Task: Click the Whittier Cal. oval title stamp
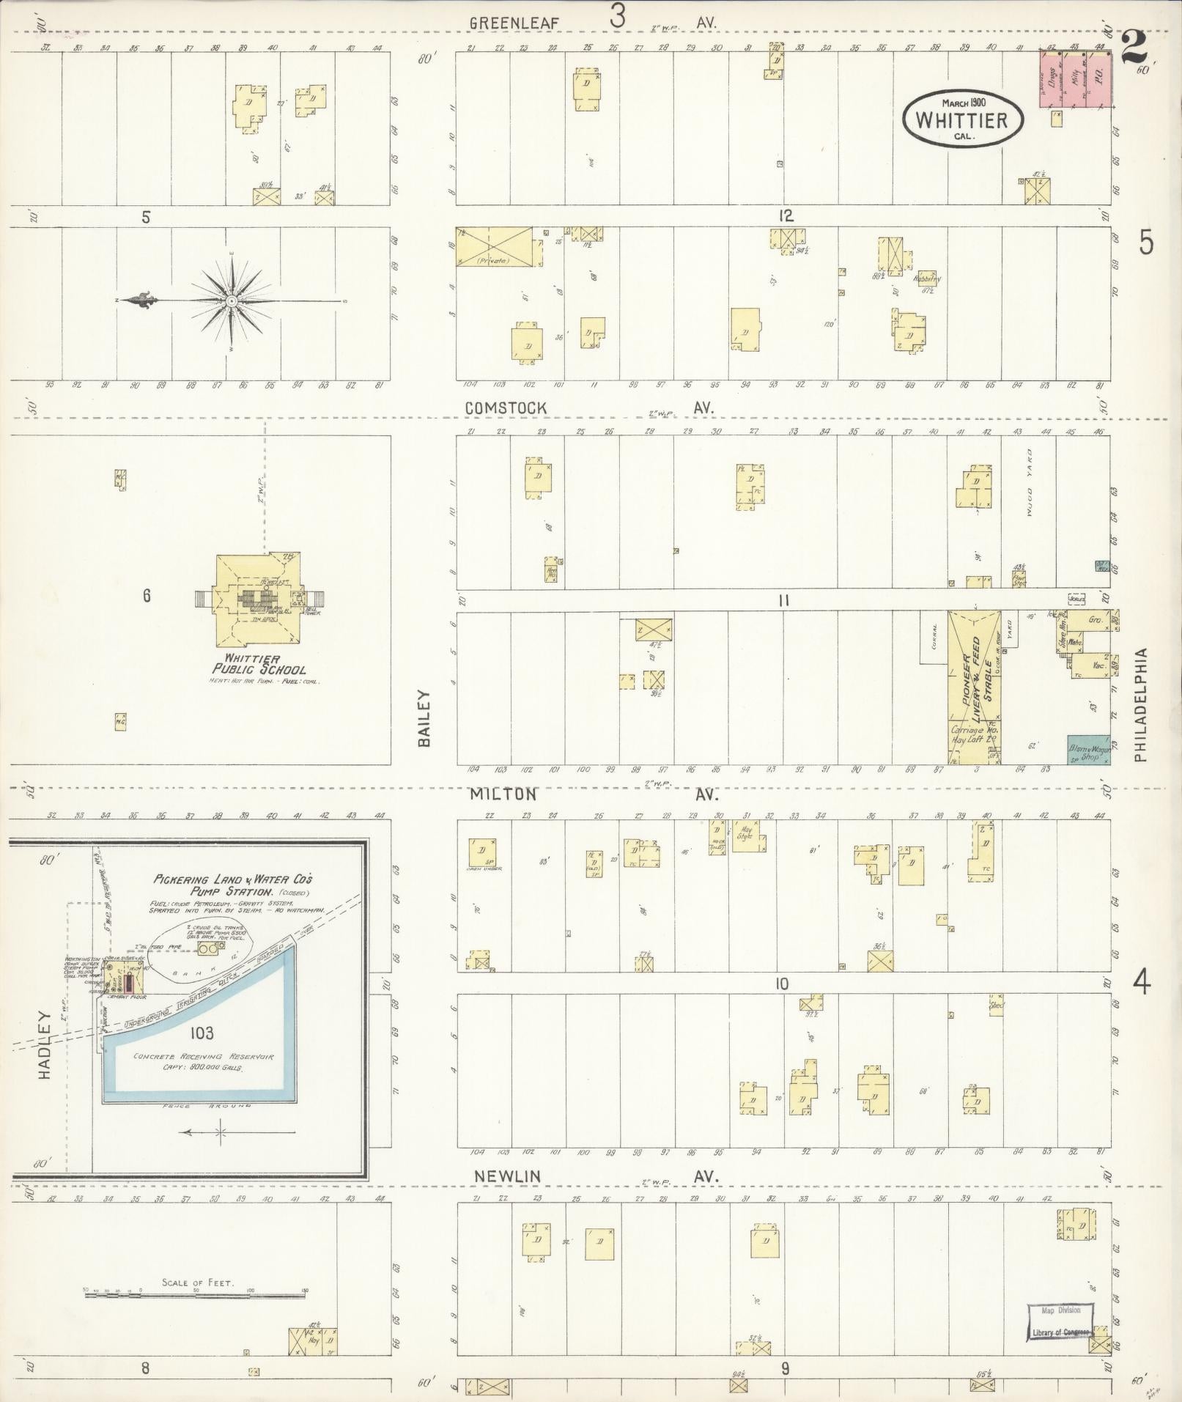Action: point(962,119)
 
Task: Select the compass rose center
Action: point(232,300)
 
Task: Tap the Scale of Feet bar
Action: point(196,1295)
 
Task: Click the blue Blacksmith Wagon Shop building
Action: point(1087,750)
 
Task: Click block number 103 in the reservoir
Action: point(201,1033)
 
